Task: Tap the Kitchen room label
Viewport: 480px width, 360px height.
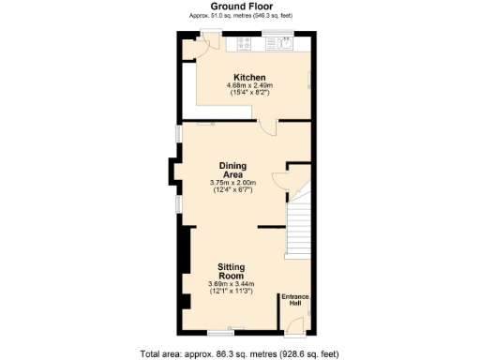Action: (x=249, y=77)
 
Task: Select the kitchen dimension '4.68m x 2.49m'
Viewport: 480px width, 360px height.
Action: (x=249, y=85)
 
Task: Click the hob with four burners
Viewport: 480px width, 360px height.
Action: (x=248, y=43)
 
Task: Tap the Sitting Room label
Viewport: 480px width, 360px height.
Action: (x=232, y=271)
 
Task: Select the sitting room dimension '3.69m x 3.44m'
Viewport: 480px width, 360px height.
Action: (x=232, y=285)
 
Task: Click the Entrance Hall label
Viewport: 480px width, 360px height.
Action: (x=296, y=300)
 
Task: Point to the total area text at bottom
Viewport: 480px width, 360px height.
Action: (x=239, y=353)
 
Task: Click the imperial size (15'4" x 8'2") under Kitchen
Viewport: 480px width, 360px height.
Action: (x=249, y=94)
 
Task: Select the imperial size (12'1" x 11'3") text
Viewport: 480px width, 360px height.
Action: (x=232, y=292)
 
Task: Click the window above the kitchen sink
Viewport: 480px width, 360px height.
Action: (x=277, y=35)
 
